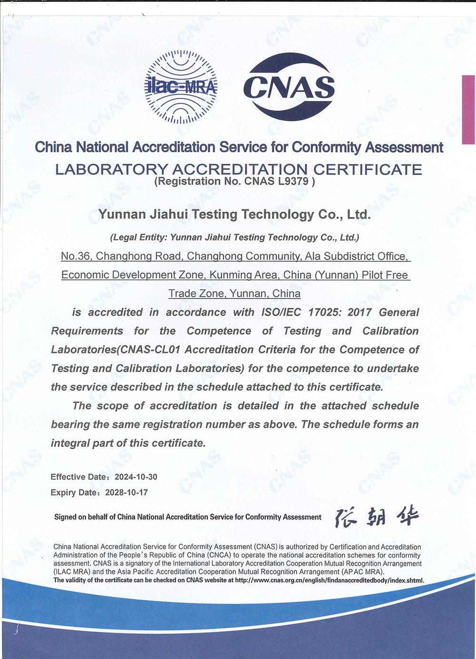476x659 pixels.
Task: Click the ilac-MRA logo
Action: [180, 87]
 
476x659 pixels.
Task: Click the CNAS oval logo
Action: [289, 87]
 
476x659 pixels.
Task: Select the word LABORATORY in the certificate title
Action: [111, 169]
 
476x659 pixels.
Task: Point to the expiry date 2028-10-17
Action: [126, 492]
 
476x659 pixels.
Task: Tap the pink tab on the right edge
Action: [468, 109]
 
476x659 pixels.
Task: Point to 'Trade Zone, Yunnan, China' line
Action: [234, 294]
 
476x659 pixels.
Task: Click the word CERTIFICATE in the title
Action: [367, 169]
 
